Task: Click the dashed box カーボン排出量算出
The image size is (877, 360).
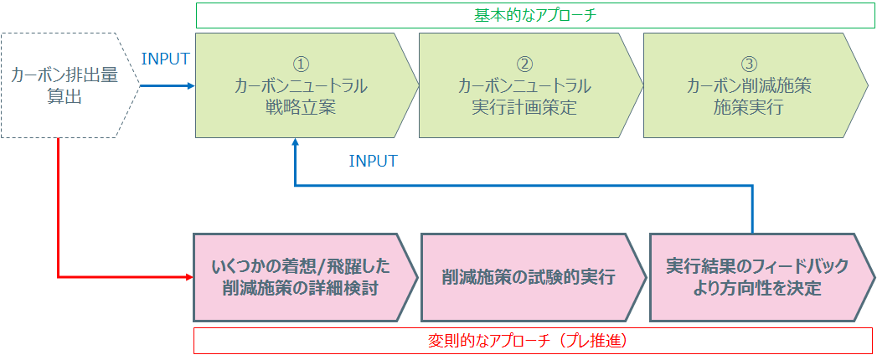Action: coord(64,85)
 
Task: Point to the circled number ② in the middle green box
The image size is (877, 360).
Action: coord(524,64)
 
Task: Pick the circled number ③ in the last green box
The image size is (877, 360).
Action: coord(749,64)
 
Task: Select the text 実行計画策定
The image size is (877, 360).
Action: coord(524,107)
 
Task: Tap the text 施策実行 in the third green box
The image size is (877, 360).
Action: coord(749,107)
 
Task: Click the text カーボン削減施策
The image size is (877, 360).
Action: coord(749,85)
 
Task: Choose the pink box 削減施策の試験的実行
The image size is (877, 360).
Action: coord(529,277)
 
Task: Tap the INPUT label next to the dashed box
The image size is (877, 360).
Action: coord(166,59)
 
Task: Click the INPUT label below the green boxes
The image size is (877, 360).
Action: coord(373,161)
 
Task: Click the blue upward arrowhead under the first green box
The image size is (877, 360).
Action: coord(296,145)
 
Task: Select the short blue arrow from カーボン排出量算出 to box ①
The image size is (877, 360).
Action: coord(166,86)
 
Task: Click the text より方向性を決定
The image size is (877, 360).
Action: coord(756,289)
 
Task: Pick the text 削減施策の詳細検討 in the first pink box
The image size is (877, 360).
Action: coord(301,289)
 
